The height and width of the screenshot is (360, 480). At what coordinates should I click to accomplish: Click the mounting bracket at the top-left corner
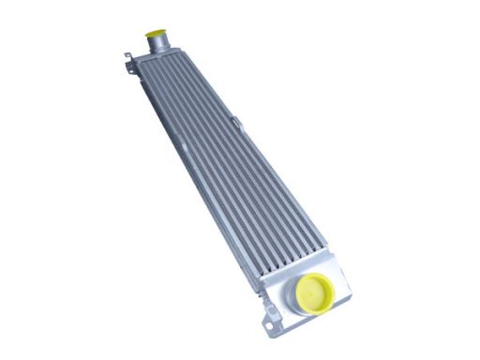(126, 58)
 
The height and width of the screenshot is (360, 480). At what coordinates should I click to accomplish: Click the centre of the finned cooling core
(230, 164)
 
